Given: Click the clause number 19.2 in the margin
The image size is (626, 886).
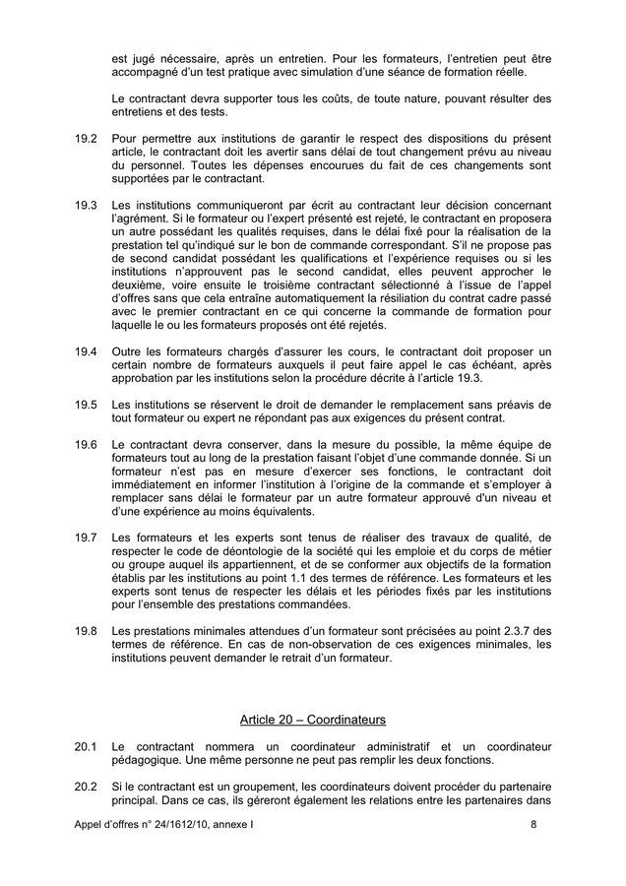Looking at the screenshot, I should pyautogui.click(x=85, y=140).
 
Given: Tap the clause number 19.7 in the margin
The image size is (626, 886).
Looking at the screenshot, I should pyautogui.click(x=85, y=538).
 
